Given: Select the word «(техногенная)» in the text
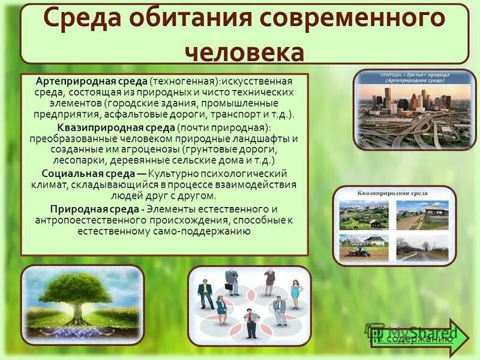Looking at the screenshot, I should click(x=184, y=80).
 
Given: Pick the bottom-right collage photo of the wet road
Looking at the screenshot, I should click(x=422, y=247).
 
